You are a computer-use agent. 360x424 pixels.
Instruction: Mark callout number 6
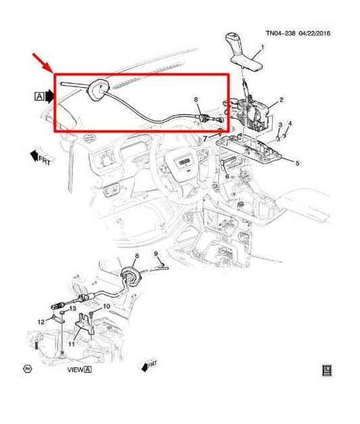[205, 138]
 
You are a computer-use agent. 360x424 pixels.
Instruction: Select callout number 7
[197, 100]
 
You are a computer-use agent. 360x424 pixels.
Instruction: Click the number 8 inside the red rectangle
[155, 254]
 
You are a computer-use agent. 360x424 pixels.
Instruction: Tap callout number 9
[106, 306]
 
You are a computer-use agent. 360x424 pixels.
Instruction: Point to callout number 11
[41, 321]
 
